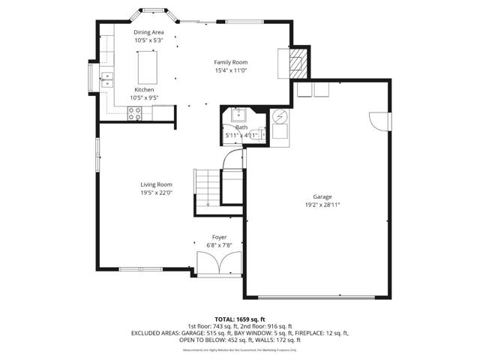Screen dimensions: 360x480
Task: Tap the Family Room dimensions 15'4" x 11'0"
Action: tap(230, 70)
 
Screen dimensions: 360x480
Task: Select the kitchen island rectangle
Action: tap(147, 66)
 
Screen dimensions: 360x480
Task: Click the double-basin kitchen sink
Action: tap(107, 76)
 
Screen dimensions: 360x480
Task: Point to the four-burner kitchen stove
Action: tap(135, 113)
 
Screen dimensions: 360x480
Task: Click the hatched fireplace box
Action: tap(298, 62)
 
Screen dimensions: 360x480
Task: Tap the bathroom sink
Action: tap(239, 115)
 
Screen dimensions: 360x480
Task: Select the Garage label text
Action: tap(322, 196)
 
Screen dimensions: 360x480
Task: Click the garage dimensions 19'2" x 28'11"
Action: tap(322, 204)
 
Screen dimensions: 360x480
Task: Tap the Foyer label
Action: tap(219, 237)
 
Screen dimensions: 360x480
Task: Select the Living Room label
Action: tap(156, 184)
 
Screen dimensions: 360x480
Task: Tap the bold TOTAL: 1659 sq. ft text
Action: tap(239, 319)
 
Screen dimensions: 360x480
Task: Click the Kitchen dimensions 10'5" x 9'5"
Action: tap(144, 97)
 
